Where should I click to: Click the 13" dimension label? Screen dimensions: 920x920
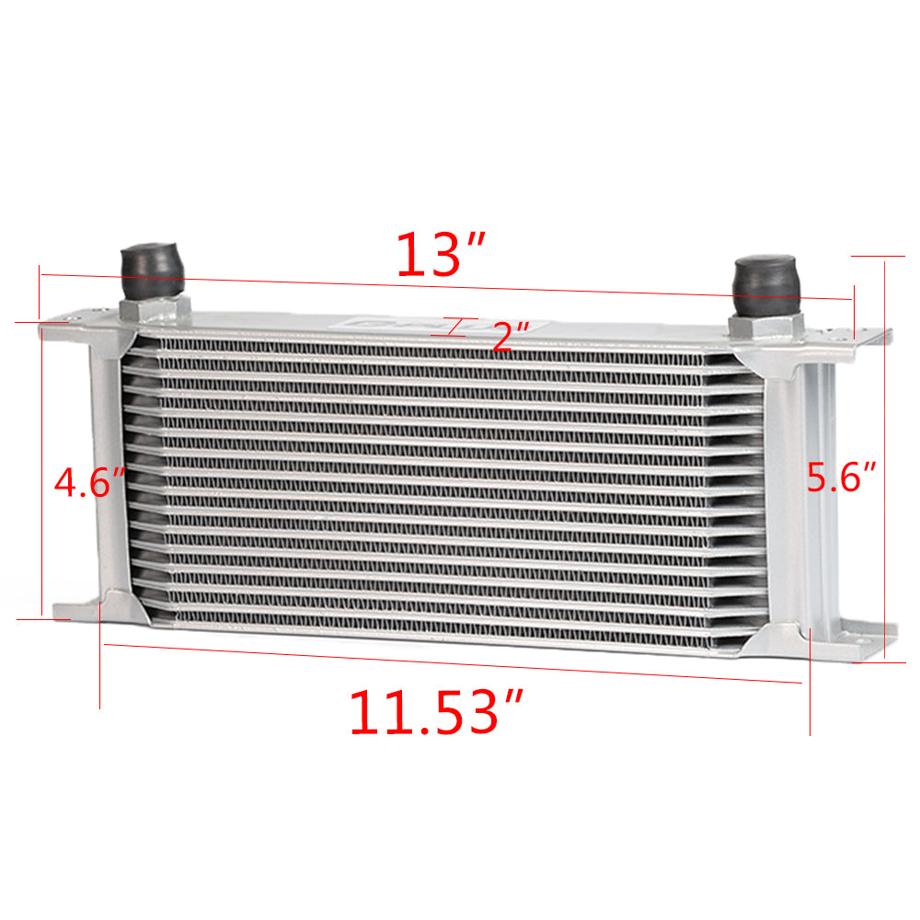point(440,254)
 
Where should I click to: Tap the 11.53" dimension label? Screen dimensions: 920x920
point(435,712)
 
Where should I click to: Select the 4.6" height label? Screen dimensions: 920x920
point(89,482)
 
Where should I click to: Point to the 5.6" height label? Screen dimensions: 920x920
point(841,477)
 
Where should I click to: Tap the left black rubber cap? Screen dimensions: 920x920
point(152,270)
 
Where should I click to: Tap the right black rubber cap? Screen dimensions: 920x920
point(766,286)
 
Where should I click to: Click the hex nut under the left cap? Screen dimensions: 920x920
point(155,309)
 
